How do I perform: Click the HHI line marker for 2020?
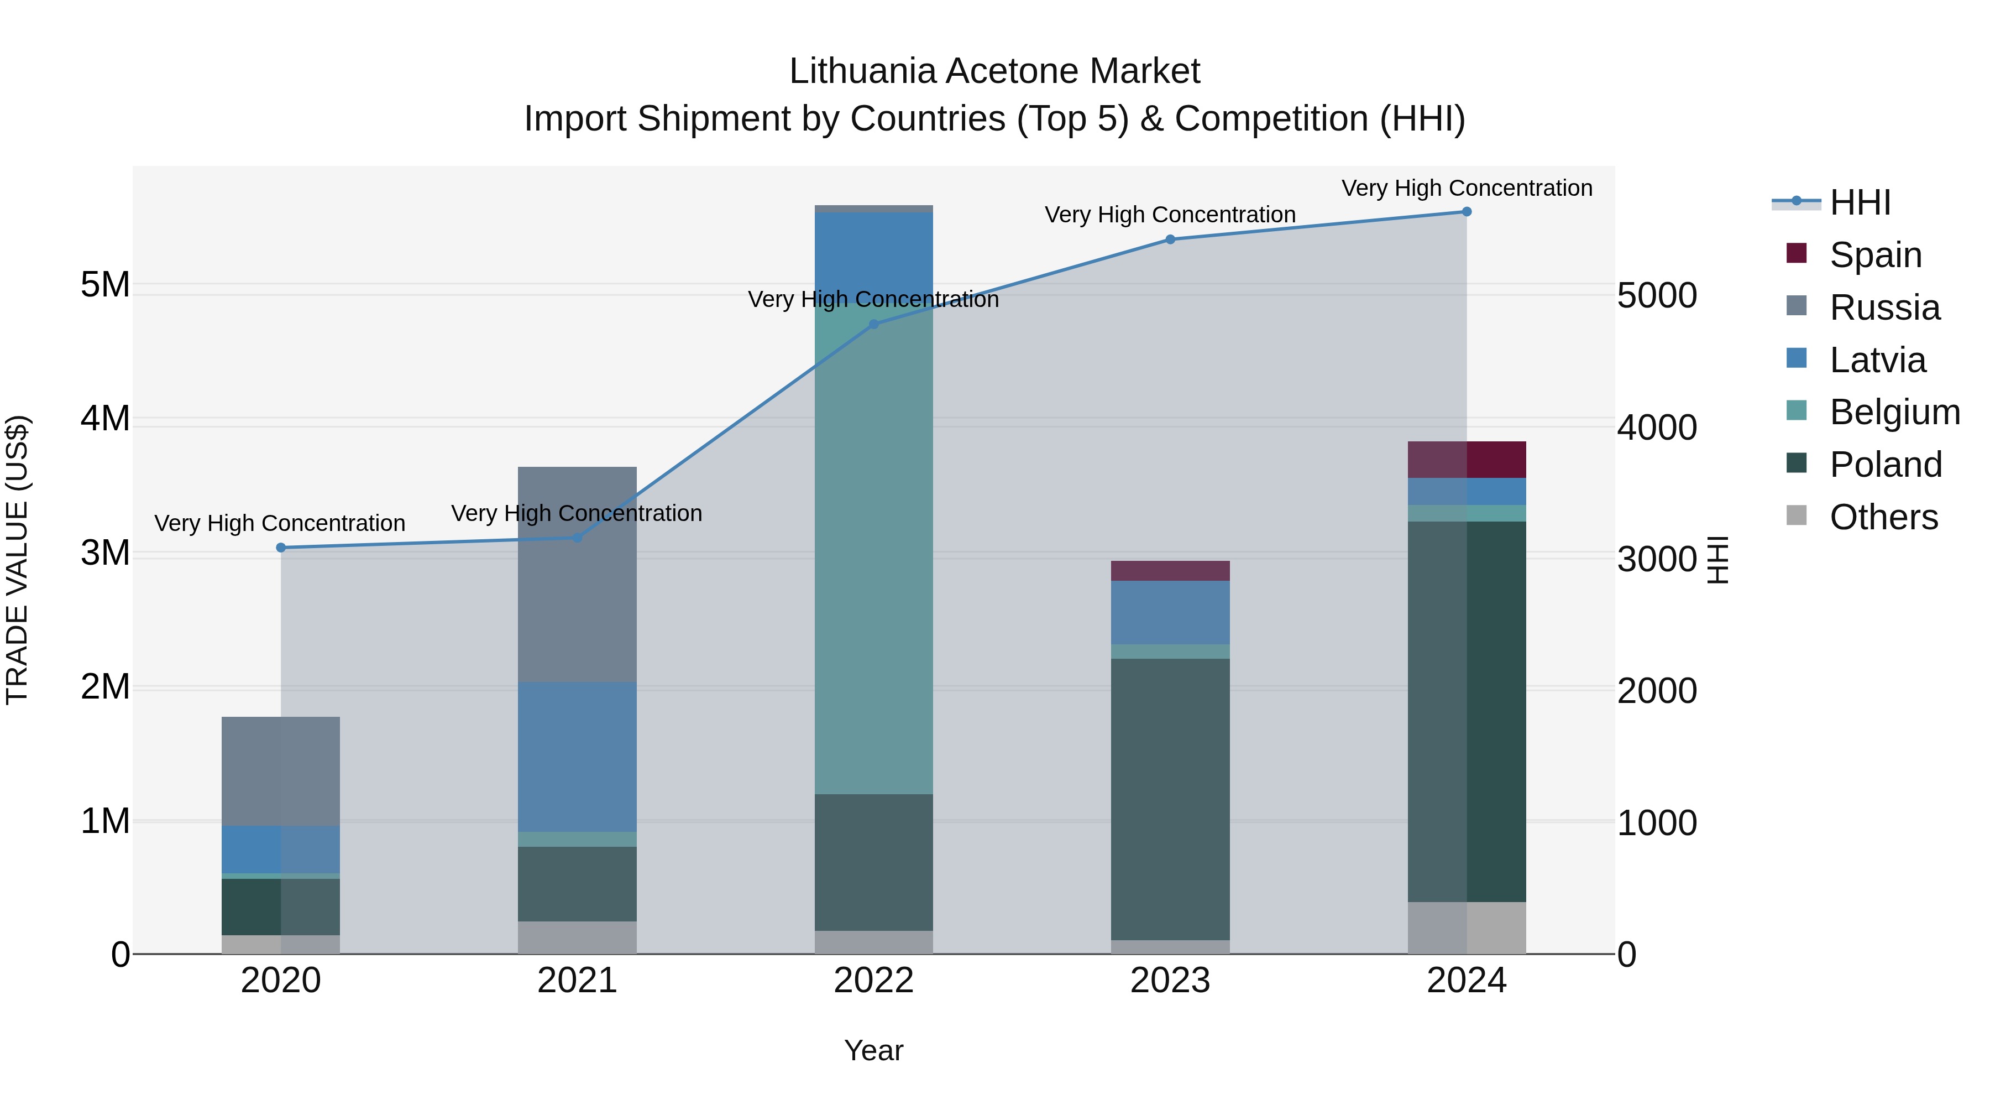(x=281, y=548)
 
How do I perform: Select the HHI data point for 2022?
(x=874, y=325)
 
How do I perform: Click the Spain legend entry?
(x=1875, y=255)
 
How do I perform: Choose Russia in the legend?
(x=1884, y=308)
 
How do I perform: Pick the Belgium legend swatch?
(x=1797, y=410)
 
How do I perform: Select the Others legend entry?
(x=1883, y=517)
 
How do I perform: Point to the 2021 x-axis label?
(x=577, y=981)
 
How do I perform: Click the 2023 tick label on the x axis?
(x=1170, y=981)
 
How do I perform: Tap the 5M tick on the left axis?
(x=105, y=285)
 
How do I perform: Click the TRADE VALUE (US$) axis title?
(x=18, y=560)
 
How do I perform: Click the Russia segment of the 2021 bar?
(x=577, y=574)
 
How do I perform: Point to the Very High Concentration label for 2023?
(x=1170, y=215)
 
